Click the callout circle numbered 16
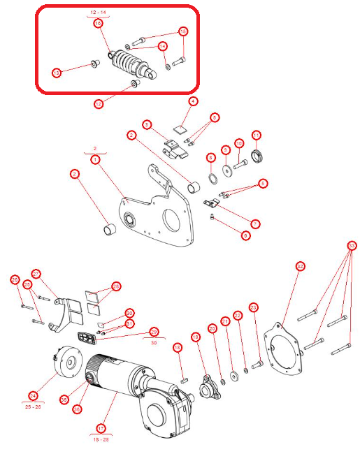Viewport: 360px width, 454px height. tap(183, 31)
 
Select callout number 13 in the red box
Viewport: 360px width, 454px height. tap(57, 72)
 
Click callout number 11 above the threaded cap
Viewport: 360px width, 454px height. tap(257, 135)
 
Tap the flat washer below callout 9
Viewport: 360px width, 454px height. tap(227, 170)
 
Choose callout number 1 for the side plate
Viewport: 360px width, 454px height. tap(96, 159)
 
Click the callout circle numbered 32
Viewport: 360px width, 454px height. tap(300, 266)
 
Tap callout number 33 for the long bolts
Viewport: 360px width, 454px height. tap(352, 246)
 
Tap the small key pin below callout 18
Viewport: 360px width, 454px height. tap(183, 379)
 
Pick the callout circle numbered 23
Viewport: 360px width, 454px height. tap(254, 307)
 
